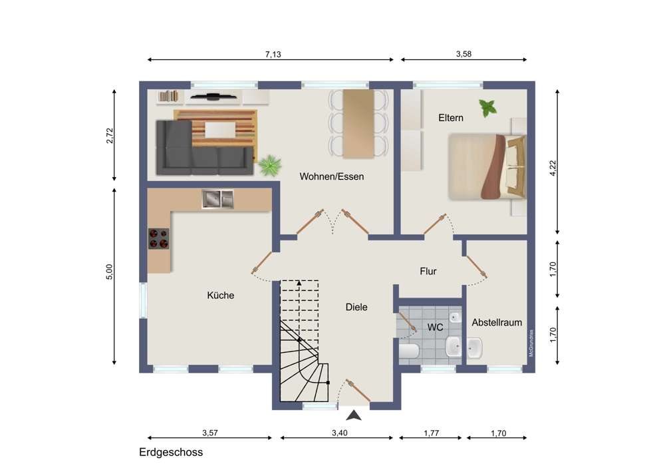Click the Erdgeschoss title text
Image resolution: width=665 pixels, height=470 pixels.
click(x=171, y=453)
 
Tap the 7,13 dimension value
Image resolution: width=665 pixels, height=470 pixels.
click(x=273, y=55)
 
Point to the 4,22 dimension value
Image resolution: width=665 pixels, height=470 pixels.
click(x=553, y=168)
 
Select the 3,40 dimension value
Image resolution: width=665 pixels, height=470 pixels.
click(x=339, y=433)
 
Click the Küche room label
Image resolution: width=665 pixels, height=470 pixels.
click(x=221, y=295)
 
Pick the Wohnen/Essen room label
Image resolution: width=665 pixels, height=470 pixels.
click(x=332, y=176)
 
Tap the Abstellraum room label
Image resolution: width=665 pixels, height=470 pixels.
click(x=497, y=322)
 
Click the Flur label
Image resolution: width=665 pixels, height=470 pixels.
click(x=428, y=272)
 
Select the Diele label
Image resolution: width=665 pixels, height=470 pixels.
click(x=356, y=307)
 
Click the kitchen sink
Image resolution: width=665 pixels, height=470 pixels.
click(x=217, y=199)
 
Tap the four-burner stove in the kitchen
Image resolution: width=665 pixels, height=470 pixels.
click(x=159, y=238)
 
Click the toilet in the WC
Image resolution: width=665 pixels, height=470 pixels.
click(x=409, y=351)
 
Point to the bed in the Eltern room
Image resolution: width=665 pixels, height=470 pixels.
click(x=487, y=166)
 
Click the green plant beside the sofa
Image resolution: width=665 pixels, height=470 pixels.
click(x=270, y=165)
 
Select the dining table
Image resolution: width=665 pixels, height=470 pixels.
click(x=358, y=124)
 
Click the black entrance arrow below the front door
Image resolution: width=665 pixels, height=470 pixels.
click(x=354, y=415)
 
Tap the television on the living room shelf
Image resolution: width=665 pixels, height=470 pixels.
click(x=213, y=97)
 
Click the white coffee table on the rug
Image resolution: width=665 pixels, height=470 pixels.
click(x=220, y=130)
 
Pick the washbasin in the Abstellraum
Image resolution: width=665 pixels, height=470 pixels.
click(x=475, y=349)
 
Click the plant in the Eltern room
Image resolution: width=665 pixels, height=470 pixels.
click(x=487, y=108)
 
